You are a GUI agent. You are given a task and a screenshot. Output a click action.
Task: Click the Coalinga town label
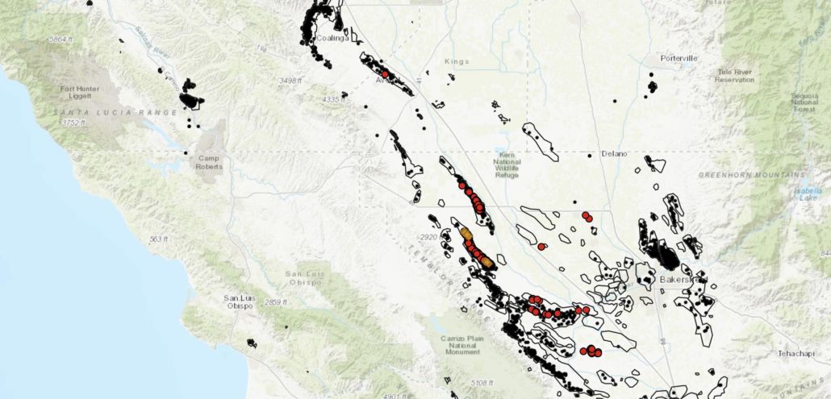click(331, 38)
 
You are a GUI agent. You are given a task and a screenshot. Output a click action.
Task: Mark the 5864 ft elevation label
click(62, 39)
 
